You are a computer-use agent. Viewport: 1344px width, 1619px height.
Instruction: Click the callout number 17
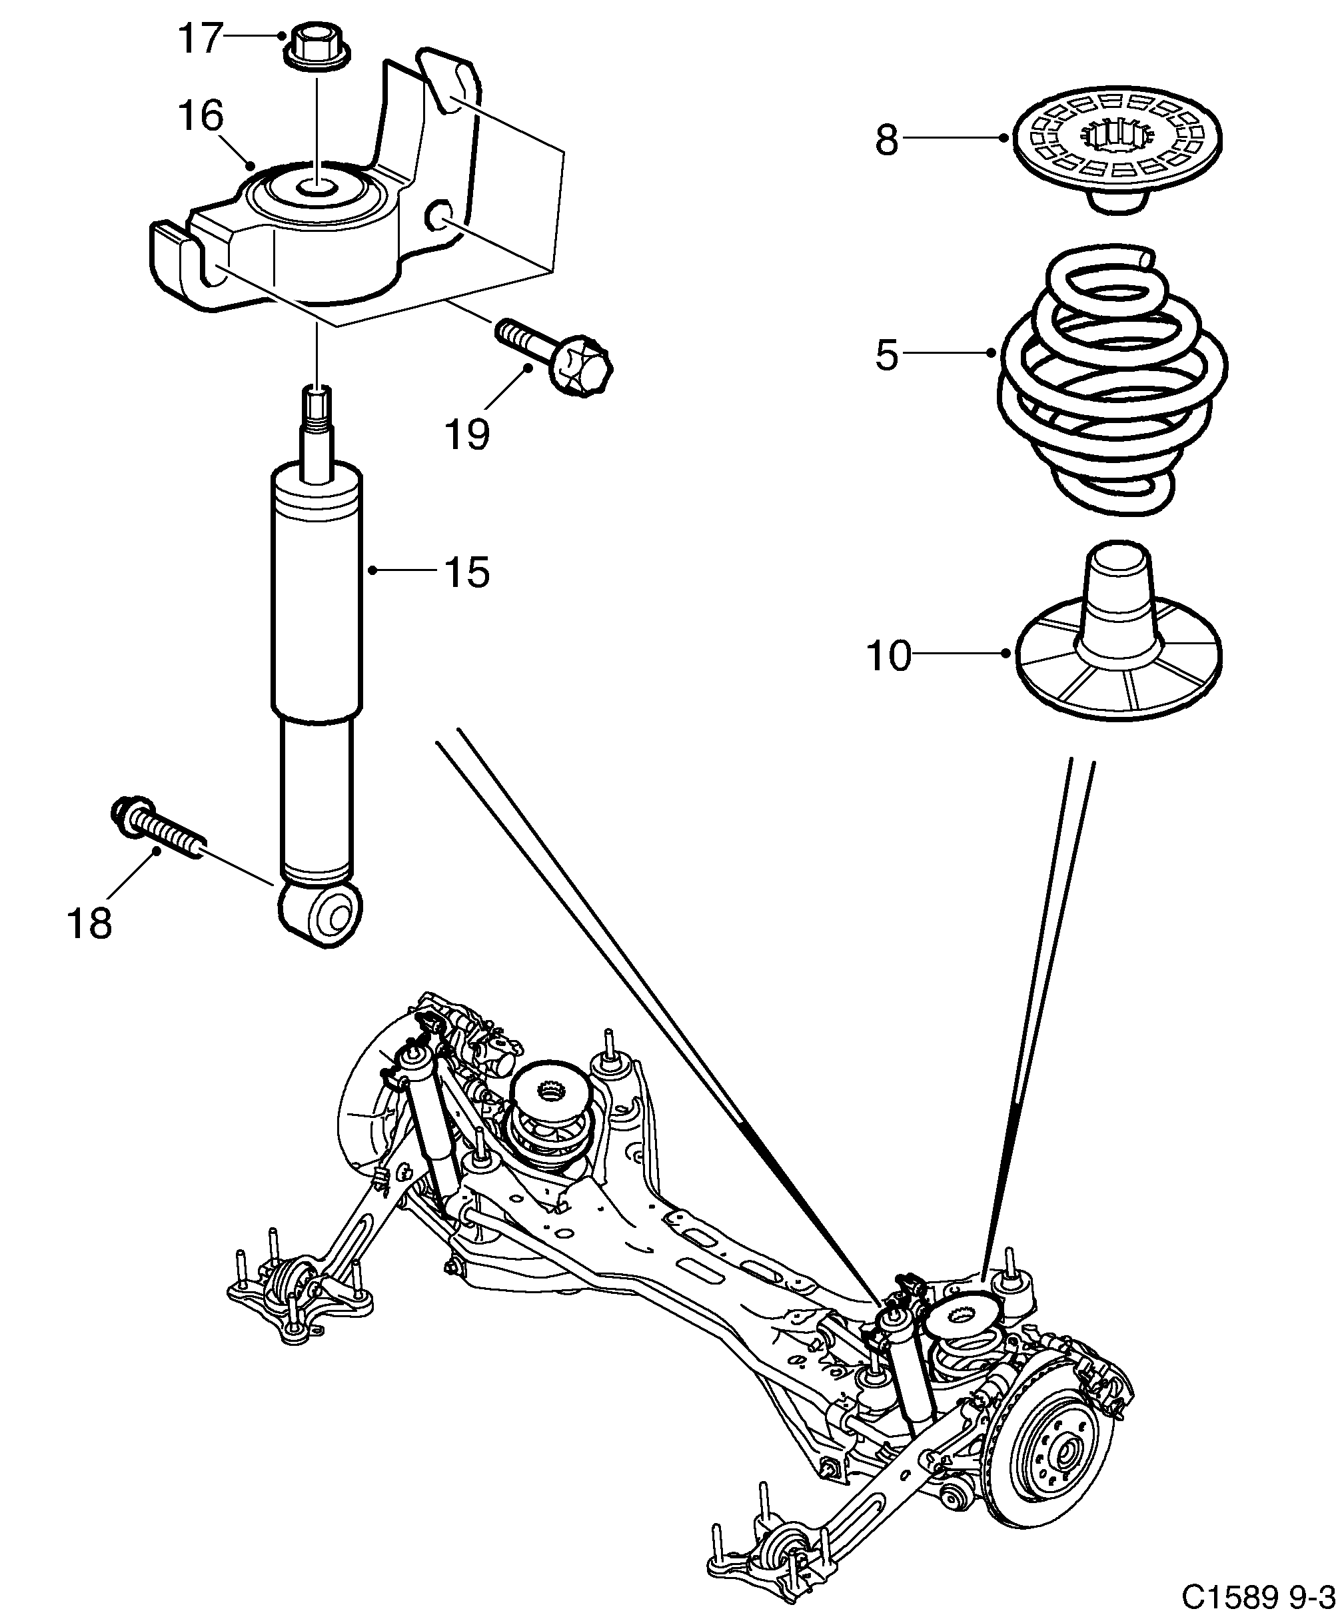201,39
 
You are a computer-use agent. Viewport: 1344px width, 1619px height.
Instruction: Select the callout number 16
201,116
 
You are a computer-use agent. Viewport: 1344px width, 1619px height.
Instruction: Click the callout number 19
466,434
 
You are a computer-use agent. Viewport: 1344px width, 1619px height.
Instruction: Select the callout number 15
466,572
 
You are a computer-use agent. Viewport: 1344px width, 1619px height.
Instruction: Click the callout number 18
89,923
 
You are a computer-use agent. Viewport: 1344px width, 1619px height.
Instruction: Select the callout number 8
887,141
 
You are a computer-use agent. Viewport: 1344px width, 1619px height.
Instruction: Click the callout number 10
888,656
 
